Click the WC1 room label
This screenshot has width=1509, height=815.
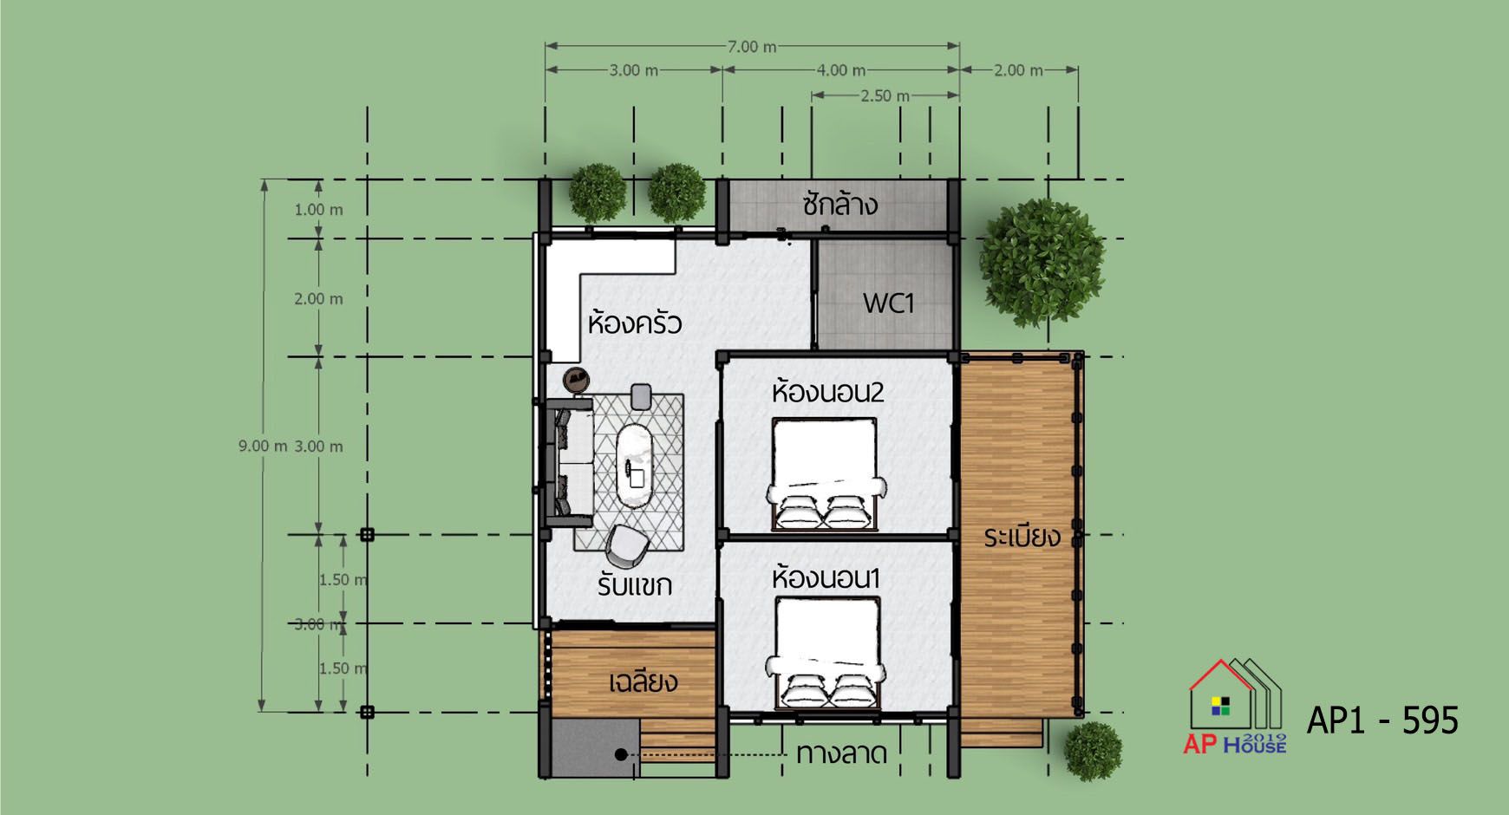[888, 303]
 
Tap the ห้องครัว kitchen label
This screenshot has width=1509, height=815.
[635, 323]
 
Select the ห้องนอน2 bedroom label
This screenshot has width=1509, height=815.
[828, 392]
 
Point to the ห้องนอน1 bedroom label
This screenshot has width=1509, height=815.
[826, 577]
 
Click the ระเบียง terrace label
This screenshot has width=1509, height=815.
[1022, 537]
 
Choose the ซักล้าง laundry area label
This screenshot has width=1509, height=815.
[839, 205]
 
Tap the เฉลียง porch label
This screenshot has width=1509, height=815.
[643, 681]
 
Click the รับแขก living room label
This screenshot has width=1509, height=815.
[635, 585]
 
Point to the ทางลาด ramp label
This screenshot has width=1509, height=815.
[841, 753]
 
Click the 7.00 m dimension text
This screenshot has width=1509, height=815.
[751, 47]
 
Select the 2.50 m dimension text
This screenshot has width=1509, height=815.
[885, 95]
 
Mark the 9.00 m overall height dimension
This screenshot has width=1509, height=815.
[263, 446]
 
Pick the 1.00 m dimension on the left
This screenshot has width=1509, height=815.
[318, 210]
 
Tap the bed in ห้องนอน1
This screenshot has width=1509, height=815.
[825, 653]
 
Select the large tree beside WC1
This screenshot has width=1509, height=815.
[1042, 264]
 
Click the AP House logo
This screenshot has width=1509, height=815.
[1235, 707]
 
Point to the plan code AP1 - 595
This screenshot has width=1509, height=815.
[1382, 720]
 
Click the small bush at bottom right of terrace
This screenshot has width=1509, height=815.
[1093, 751]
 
